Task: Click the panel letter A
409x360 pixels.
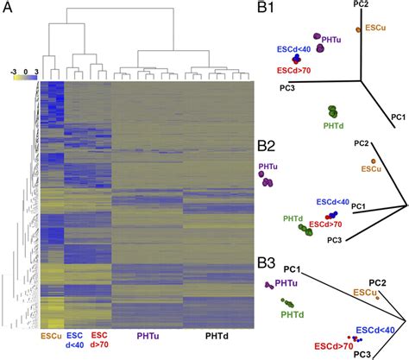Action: (8, 8)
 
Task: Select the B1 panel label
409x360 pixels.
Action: (266, 8)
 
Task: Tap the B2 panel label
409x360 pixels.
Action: (266, 146)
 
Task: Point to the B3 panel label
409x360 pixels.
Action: (267, 263)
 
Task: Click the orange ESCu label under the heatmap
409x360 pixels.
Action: (52, 336)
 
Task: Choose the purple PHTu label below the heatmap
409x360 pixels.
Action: (148, 336)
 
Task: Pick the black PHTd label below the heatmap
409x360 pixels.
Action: (217, 336)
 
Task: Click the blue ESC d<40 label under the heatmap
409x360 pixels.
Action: (74, 340)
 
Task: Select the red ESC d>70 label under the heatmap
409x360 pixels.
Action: (99, 340)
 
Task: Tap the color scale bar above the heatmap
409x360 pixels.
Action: (25, 77)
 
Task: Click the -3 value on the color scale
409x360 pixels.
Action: (13, 72)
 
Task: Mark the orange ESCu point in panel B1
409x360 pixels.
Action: (358, 29)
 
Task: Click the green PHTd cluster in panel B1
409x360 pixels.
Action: (333, 111)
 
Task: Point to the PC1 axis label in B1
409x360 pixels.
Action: (398, 117)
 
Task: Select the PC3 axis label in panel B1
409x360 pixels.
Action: (287, 88)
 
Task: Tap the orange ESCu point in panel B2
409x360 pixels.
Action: (374, 161)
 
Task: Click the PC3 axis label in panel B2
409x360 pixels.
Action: (334, 240)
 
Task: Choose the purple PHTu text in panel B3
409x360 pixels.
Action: (286, 283)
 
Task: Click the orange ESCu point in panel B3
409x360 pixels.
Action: (377, 298)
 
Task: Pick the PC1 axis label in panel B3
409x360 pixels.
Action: (292, 269)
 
